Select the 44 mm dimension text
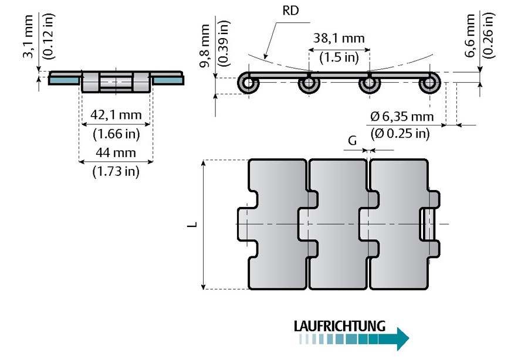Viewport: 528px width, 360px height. tap(116, 153)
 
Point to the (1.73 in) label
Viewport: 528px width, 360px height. tap(116, 172)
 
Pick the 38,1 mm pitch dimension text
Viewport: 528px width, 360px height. tap(340, 39)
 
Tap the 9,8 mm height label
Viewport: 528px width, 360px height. tap(205, 46)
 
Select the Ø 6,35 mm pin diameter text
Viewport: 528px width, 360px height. tap(401, 116)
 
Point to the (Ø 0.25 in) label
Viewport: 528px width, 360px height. tap(401, 134)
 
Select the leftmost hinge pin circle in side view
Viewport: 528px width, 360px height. tap(248, 84)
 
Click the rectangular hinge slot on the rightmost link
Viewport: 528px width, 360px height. tap(428, 223)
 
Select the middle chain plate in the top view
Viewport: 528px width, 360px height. tap(339, 223)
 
